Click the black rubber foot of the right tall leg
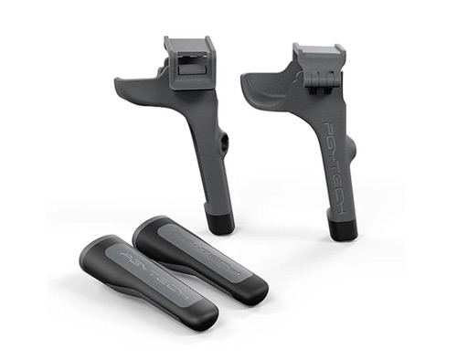tap(342, 226)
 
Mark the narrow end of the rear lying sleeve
tap(146, 228)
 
